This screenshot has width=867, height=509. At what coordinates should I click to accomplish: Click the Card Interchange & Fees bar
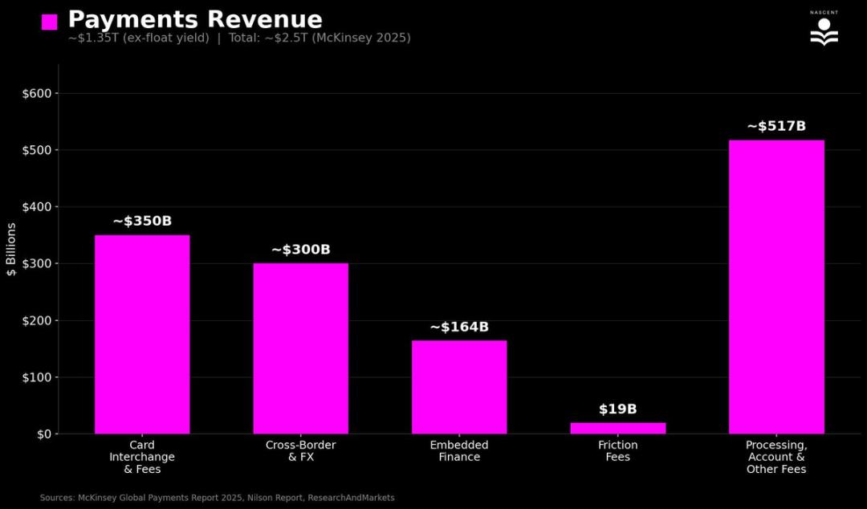point(142,334)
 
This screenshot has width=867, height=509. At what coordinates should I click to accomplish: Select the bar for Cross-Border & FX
point(301,348)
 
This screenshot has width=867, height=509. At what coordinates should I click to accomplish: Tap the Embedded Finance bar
point(459,387)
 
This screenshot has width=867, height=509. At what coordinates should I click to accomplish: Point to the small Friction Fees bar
point(618,428)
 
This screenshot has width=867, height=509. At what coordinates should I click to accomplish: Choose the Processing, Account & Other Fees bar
point(776,287)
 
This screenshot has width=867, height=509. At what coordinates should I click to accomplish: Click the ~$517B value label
point(776,126)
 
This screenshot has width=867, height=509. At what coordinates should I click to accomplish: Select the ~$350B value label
point(142,221)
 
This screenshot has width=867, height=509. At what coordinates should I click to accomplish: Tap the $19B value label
point(618,409)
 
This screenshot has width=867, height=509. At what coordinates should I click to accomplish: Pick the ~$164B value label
point(459,327)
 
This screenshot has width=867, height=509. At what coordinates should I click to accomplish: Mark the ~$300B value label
point(301,250)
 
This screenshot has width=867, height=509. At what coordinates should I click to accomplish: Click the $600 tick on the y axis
point(35,93)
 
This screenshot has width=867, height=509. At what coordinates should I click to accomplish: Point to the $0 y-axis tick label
point(42,434)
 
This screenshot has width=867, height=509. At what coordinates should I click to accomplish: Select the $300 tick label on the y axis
point(35,264)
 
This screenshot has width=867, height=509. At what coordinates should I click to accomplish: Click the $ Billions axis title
point(11,250)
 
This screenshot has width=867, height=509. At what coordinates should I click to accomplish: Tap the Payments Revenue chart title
point(195,19)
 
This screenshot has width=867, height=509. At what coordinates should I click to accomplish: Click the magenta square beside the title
point(50,22)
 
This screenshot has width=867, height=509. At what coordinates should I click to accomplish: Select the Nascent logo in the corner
point(824,30)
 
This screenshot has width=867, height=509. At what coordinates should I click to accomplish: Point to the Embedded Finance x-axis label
point(459,451)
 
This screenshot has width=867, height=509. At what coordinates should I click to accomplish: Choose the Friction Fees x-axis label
point(618,451)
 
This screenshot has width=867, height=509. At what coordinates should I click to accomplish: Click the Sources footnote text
point(218,498)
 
